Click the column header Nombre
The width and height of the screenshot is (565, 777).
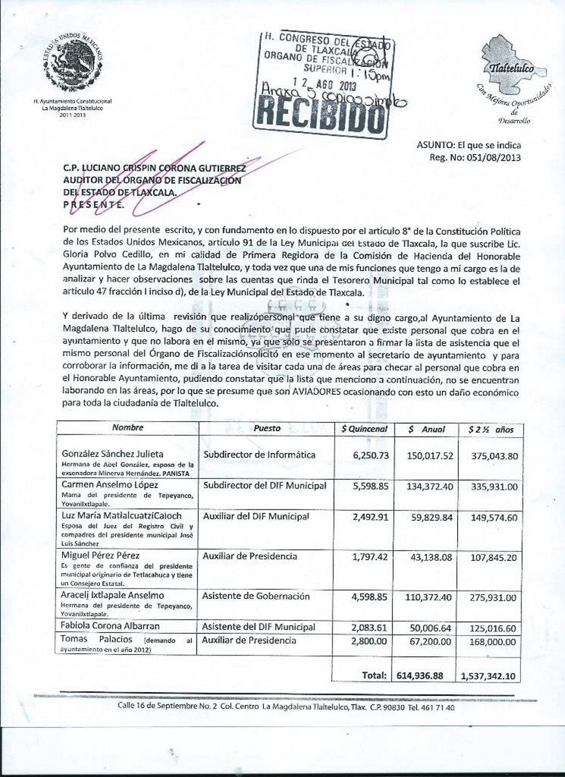click(x=128, y=428)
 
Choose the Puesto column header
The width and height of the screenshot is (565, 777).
click(x=267, y=428)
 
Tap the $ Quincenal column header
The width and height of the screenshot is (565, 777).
click(x=364, y=429)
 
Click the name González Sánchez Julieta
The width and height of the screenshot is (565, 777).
click(x=112, y=454)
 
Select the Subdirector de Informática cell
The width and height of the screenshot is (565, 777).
click(x=259, y=455)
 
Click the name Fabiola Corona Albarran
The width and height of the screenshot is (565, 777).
click(x=111, y=626)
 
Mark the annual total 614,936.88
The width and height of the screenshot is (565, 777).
click(x=423, y=675)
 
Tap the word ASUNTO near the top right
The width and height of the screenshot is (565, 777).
click(x=433, y=145)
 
